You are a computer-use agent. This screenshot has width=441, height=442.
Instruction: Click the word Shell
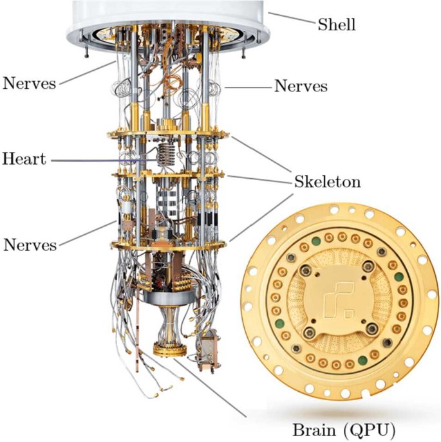pyautogui.click(x=337, y=25)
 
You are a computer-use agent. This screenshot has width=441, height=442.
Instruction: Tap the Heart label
pyautogui.click(x=24, y=158)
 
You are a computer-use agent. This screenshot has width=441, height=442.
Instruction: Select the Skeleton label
pyautogui.click(x=327, y=181)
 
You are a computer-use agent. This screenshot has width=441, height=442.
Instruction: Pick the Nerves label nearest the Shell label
pyautogui.click(x=301, y=86)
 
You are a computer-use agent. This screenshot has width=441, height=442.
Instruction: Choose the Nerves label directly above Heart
pyautogui.click(x=30, y=82)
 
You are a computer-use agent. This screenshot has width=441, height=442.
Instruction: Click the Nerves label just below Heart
pyautogui.click(x=30, y=244)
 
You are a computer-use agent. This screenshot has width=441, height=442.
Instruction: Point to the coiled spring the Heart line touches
pyautogui.click(x=166, y=154)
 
